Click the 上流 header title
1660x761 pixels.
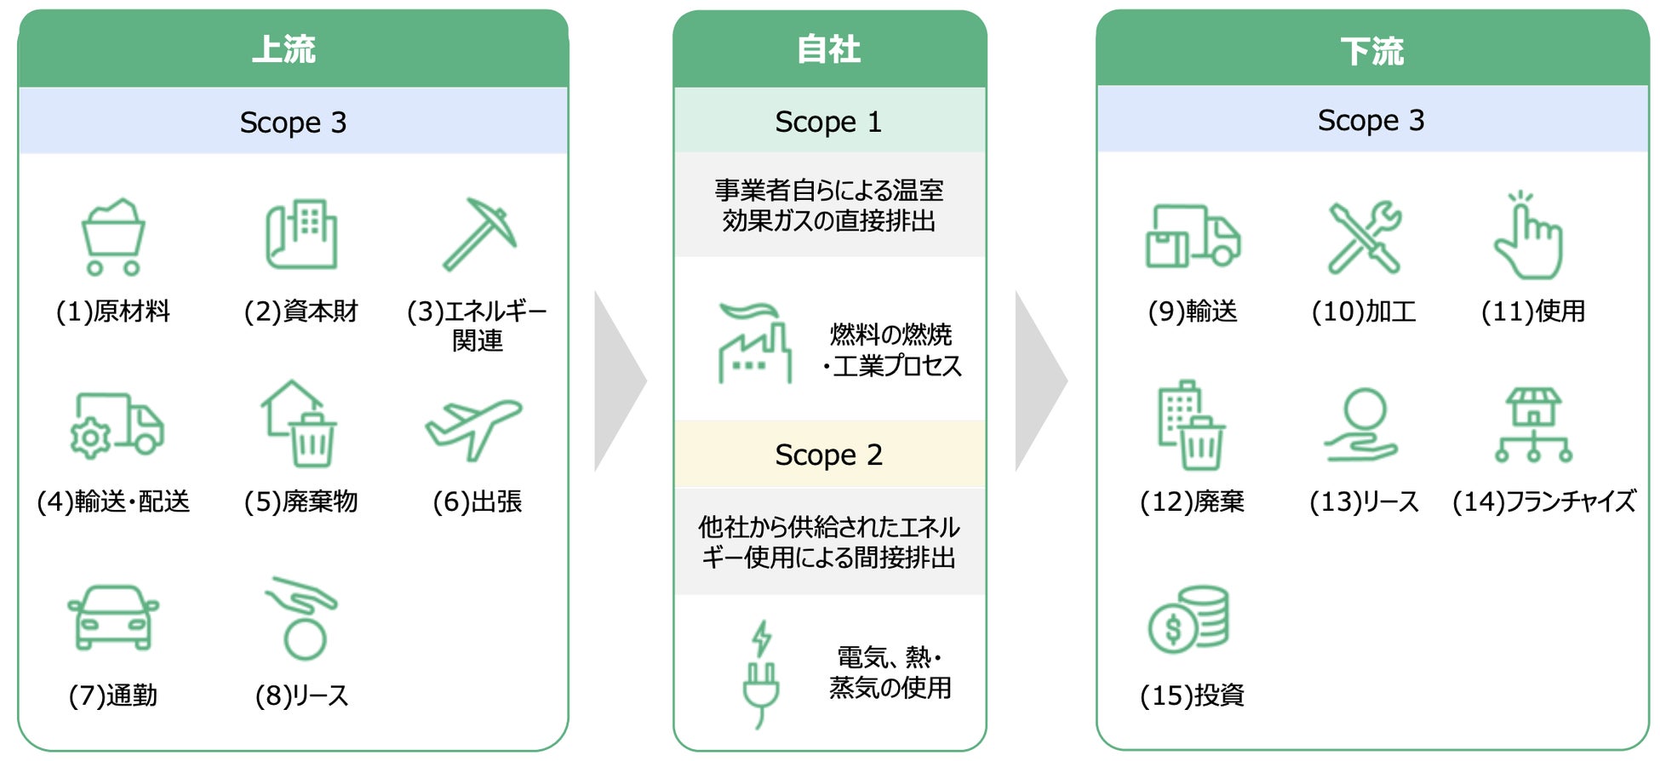point(284,49)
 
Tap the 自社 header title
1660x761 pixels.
point(828,49)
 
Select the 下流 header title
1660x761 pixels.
point(1371,51)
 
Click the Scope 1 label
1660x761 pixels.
point(828,122)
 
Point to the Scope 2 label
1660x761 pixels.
point(828,455)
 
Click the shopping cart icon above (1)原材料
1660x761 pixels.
point(113,237)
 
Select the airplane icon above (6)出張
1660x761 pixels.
point(473,427)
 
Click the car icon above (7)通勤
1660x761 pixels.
point(113,617)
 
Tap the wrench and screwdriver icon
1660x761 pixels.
point(1365,237)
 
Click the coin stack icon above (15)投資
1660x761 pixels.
point(1189,619)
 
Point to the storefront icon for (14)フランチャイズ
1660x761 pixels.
point(1533,425)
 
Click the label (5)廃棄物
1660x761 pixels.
point(301,501)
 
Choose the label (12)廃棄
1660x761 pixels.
point(1192,501)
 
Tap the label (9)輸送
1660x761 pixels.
point(1192,311)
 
